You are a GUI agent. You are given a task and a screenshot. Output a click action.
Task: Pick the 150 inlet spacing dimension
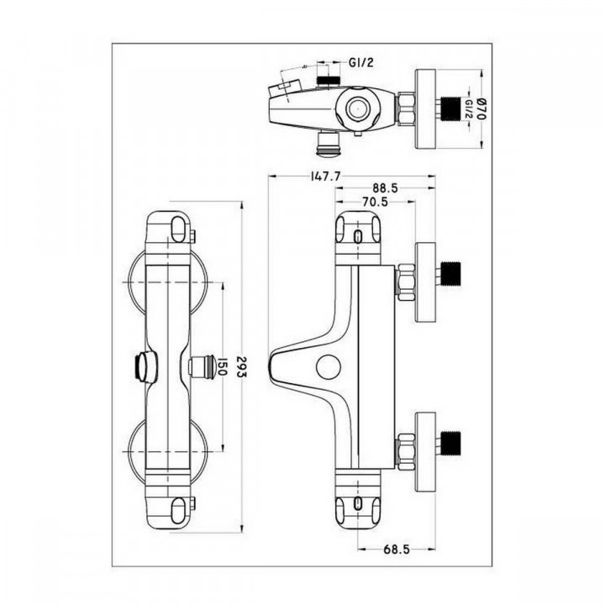click(219, 366)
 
